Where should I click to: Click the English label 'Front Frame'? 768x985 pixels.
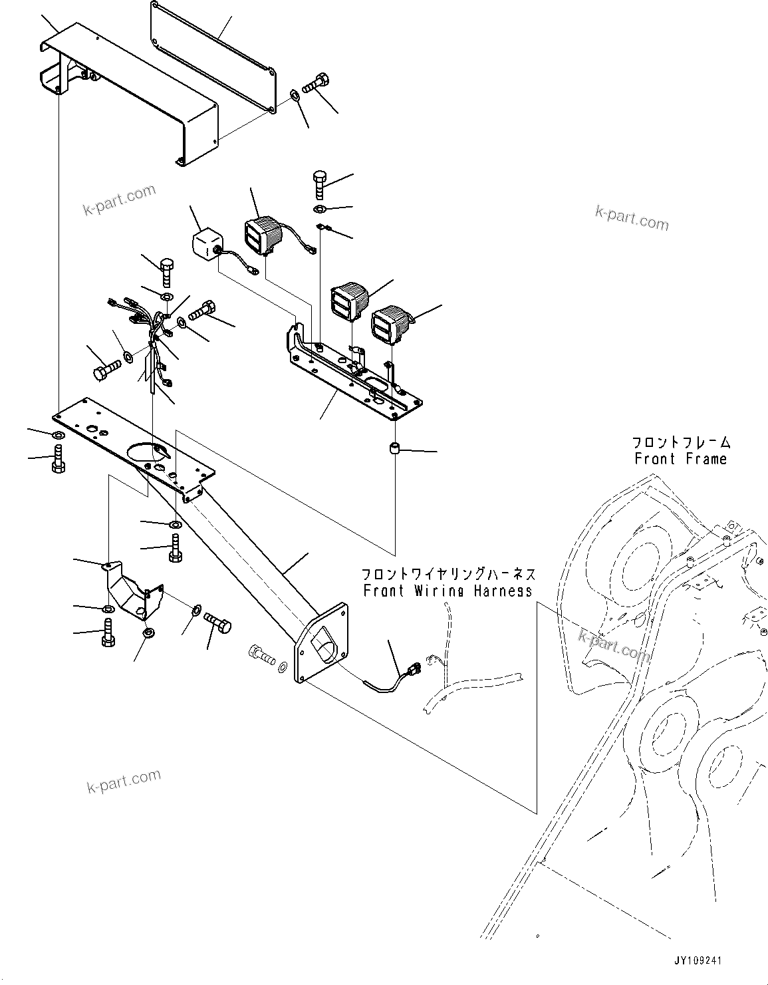[680, 459]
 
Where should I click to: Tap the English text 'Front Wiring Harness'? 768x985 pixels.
[448, 591]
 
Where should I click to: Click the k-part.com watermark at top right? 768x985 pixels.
[632, 217]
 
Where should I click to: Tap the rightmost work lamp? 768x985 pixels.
[391, 325]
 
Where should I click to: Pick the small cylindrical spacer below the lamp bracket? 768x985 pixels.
[396, 450]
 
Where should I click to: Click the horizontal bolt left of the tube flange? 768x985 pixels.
[263, 655]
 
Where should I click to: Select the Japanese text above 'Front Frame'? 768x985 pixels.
[681, 442]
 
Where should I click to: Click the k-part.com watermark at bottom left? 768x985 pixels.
[124, 782]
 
